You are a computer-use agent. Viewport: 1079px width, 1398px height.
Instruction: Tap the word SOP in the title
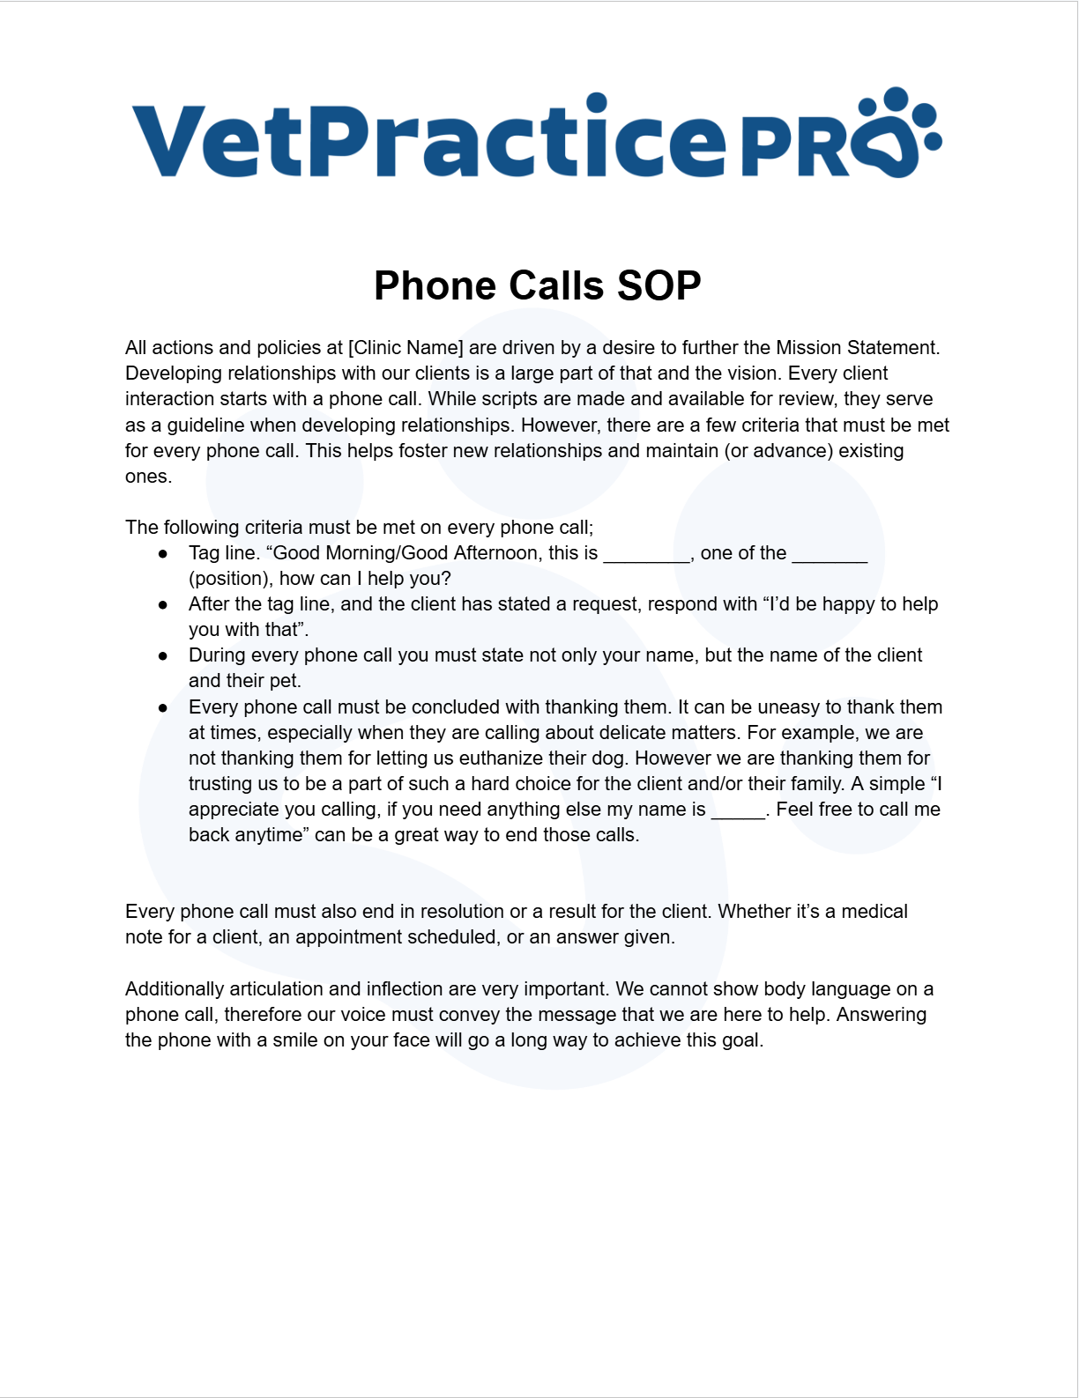659,285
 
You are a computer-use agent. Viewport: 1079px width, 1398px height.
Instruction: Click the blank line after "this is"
645,555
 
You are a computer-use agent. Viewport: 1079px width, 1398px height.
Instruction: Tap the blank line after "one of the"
830,555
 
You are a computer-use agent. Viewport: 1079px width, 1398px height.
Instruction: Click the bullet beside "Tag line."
163,554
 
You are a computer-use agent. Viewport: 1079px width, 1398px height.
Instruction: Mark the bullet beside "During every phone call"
163,656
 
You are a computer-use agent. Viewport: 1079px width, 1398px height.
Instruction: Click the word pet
284,681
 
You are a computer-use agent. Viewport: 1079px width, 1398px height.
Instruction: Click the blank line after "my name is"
738,811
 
